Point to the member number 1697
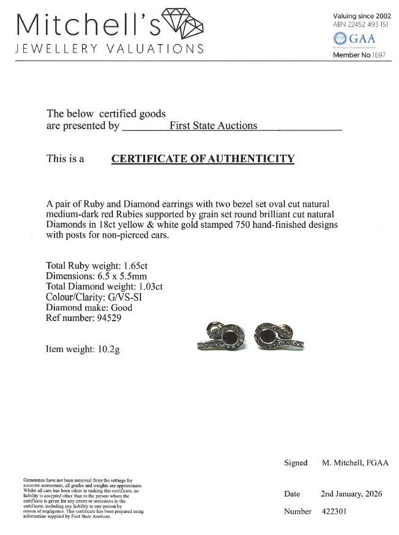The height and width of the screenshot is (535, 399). click(x=379, y=55)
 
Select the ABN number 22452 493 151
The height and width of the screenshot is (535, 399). click(x=368, y=24)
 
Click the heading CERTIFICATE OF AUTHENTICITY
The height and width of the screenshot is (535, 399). click(x=203, y=159)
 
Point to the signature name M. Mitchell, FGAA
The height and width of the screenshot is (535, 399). click(x=355, y=463)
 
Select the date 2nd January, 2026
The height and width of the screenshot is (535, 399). click(x=356, y=493)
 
